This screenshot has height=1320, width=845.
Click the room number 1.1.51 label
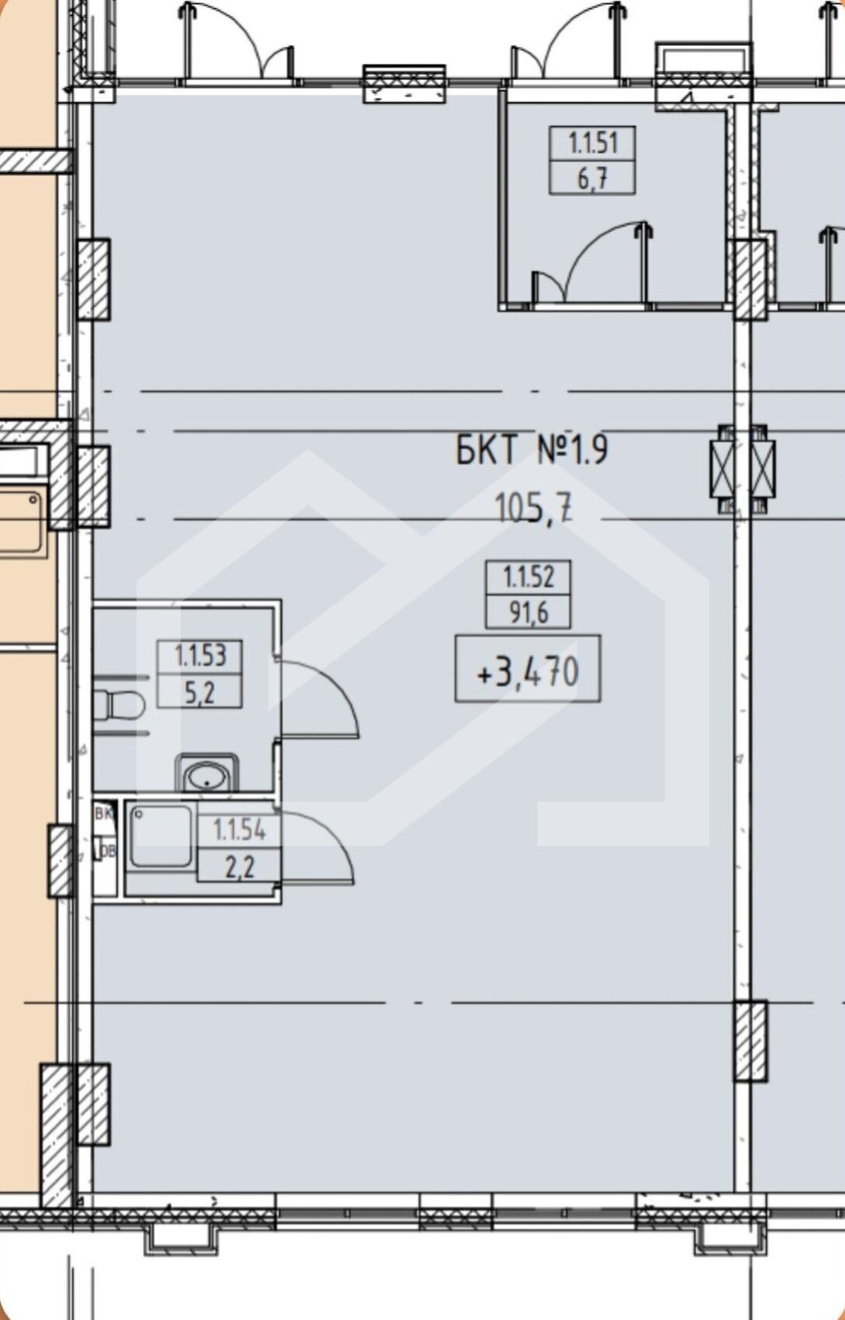(x=593, y=143)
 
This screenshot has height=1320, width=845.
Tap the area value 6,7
(x=593, y=178)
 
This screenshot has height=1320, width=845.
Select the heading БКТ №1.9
(x=532, y=451)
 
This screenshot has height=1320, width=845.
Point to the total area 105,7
(x=534, y=509)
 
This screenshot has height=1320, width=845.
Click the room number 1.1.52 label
(x=529, y=577)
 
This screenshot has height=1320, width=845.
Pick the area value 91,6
(x=529, y=613)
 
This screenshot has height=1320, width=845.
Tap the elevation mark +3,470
(x=528, y=672)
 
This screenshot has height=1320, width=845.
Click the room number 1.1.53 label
(x=200, y=656)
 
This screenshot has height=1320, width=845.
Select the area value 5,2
(x=200, y=693)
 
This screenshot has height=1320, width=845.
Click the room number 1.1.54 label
(x=239, y=830)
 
